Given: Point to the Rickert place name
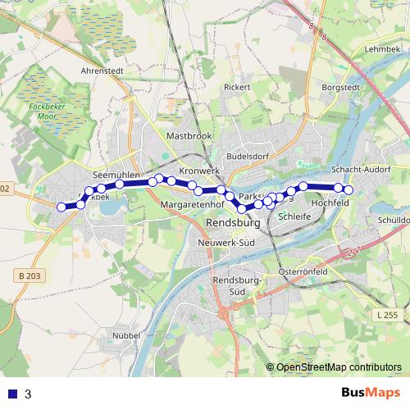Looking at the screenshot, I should click(236, 86).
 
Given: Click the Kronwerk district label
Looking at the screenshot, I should click(200, 171).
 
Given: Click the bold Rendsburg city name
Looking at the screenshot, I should click(235, 223).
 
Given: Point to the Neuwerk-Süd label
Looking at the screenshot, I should click(227, 244).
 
